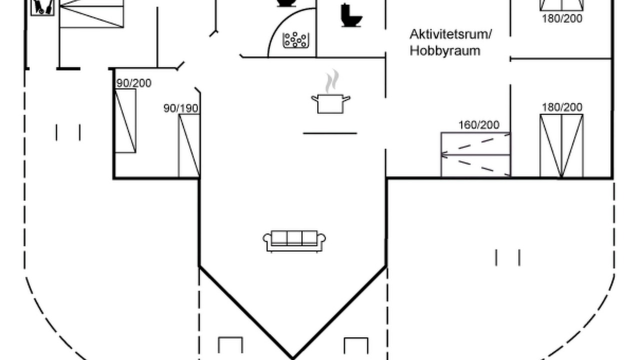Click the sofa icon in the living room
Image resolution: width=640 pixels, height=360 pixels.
tap(294, 241)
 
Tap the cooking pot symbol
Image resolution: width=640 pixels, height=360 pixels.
tap(330, 103)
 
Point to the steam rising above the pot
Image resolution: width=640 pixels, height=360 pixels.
tap(332, 81)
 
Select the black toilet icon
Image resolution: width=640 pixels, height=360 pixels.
tap(351, 15)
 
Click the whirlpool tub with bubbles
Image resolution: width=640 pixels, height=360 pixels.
tap(295, 40)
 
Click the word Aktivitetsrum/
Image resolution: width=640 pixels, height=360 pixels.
tap(451, 34)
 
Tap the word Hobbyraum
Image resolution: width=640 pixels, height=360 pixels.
tap(445, 51)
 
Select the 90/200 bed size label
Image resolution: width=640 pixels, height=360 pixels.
tap(133, 83)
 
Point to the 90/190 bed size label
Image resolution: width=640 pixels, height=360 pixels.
tap(181, 108)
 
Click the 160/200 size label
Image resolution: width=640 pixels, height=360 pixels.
tap(479, 125)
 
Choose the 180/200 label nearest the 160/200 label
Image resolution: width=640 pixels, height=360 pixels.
tap(562, 107)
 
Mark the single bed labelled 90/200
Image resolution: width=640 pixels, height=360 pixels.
tap(125, 120)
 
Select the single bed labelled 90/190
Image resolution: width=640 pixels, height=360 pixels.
tap(189, 145)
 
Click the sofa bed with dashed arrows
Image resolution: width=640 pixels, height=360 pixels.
tap(475, 154)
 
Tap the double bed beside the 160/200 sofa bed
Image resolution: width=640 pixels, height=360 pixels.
tap(561, 145)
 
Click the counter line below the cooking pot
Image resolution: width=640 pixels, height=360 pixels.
tap(330, 133)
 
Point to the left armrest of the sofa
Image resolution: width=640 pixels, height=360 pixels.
tap(267, 240)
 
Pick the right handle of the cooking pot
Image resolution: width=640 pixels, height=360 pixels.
tap(346, 99)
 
